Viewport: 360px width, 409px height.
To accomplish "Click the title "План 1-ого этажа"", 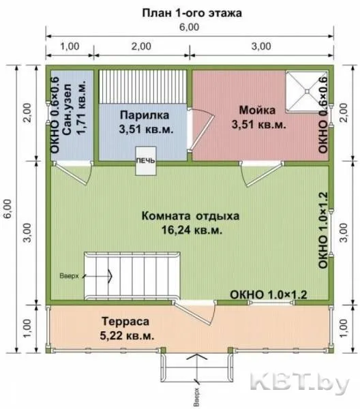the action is click(x=192, y=13).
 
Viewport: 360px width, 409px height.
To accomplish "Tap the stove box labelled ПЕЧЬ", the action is click(x=145, y=161).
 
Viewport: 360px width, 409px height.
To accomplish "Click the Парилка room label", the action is click(x=145, y=115).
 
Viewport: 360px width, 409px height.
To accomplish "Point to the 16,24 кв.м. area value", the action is click(x=192, y=230).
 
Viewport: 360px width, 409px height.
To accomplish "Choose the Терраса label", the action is click(x=125, y=321).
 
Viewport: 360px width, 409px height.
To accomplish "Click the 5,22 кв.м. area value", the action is click(x=127, y=335).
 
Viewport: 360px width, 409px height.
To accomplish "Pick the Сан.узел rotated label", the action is click(x=67, y=109).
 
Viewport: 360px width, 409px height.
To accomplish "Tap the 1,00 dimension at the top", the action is click(x=70, y=46).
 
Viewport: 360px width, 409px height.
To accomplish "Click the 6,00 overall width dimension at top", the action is click(x=189, y=27).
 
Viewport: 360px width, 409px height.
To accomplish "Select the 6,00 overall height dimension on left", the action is click(x=7, y=209).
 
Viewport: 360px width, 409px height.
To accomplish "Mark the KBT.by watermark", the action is click(x=299, y=384).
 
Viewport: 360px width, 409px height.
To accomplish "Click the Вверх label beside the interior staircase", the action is click(x=69, y=275).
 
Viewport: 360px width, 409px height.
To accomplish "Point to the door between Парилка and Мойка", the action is click(x=201, y=130).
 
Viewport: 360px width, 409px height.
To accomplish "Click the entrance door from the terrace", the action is click(x=194, y=312).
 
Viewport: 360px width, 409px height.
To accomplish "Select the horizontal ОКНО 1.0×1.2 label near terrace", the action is click(x=269, y=294).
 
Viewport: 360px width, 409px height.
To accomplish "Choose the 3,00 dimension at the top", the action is click(x=261, y=46).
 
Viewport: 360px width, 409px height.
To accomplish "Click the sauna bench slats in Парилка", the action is click(x=143, y=87).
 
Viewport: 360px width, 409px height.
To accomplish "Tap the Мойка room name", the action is click(x=257, y=110).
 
